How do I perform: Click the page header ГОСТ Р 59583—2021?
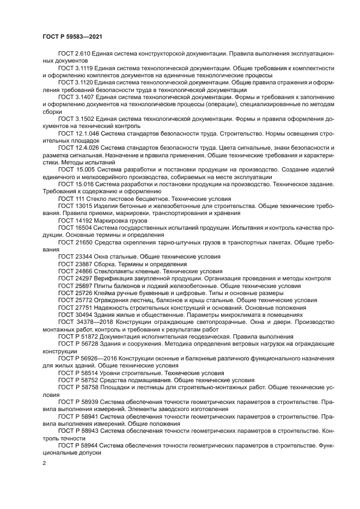(x=72, y=36)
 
